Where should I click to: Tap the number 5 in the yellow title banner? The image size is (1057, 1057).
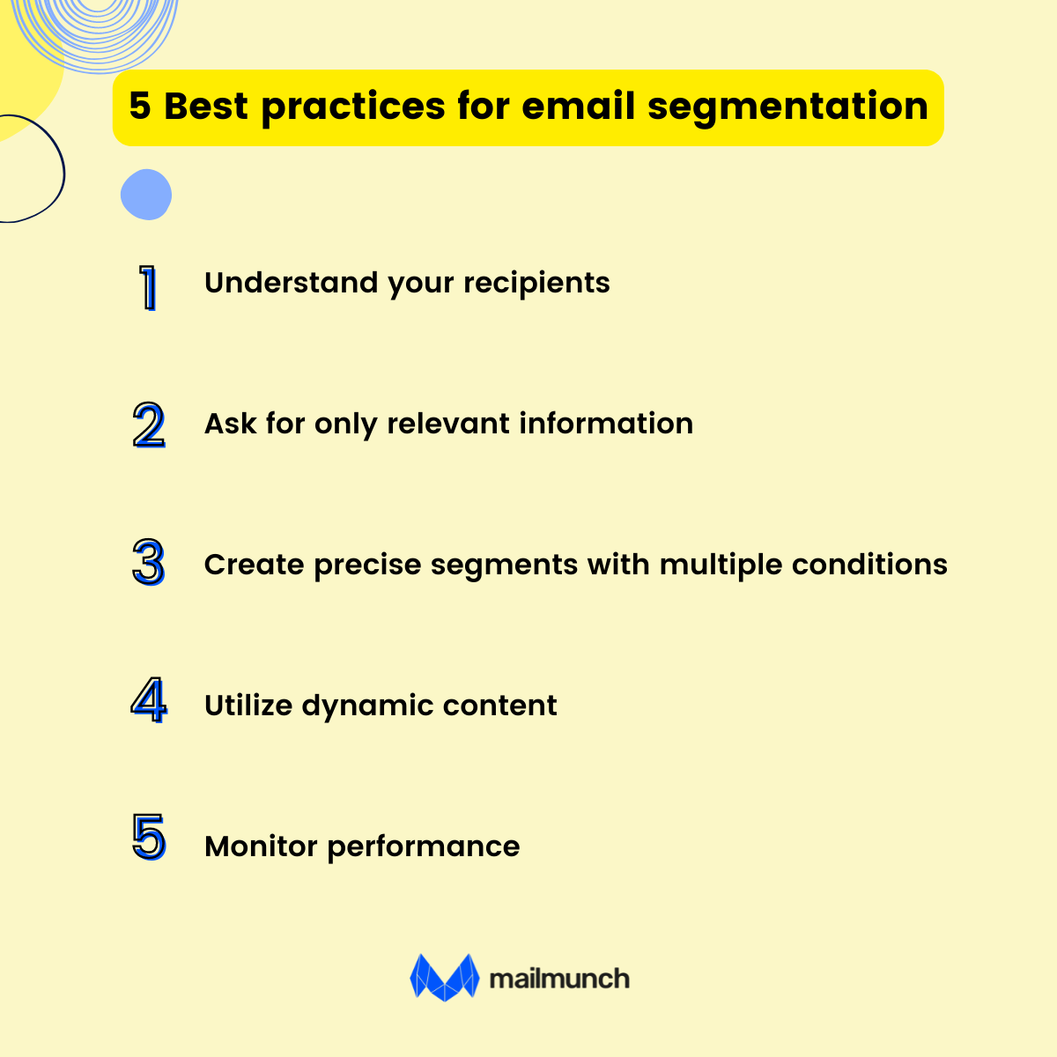(x=140, y=107)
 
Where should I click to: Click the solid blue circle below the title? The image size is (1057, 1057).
(x=146, y=195)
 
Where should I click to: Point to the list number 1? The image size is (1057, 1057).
(x=149, y=287)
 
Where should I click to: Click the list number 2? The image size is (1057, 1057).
(x=149, y=425)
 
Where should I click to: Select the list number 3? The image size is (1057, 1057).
(x=149, y=564)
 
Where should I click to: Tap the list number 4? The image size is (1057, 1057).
(x=149, y=701)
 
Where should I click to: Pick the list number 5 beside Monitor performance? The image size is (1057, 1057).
(x=149, y=838)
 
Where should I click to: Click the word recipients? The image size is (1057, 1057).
(x=536, y=284)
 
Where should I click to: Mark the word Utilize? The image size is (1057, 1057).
(x=248, y=706)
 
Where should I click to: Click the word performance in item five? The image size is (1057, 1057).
(x=423, y=847)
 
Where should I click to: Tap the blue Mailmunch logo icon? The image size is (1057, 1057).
(x=444, y=978)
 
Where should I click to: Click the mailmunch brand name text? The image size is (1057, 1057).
(x=558, y=979)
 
